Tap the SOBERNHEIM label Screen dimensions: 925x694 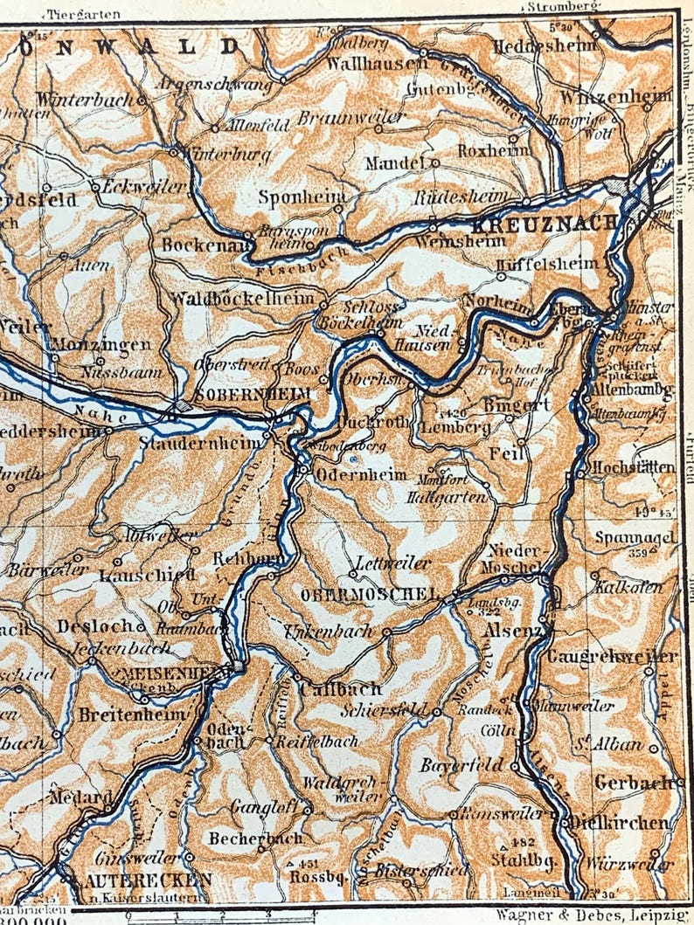tap(253, 395)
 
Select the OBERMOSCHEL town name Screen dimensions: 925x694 tap(368, 595)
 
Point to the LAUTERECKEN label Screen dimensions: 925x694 tap(139, 879)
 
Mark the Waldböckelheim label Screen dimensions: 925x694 tap(242, 299)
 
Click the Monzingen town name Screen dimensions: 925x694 tap(101, 344)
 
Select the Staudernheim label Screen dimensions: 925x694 tap(199, 444)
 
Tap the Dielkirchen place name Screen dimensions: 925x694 tap(620, 822)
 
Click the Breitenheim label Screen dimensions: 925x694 tap(132, 714)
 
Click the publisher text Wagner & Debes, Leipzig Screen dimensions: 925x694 tap(592, 915)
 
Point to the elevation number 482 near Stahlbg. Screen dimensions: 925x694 tap(523, 842)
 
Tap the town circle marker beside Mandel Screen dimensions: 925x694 tap(434, 162)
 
